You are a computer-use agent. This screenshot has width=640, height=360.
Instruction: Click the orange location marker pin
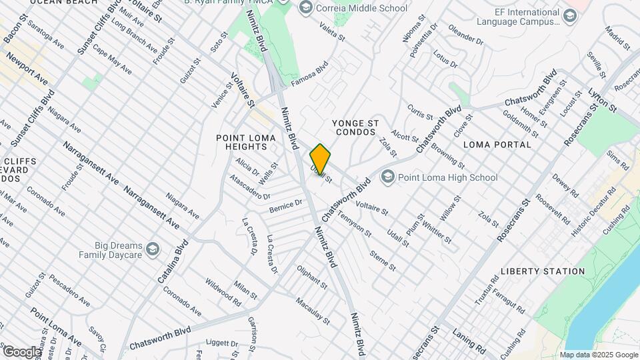click(320, 159)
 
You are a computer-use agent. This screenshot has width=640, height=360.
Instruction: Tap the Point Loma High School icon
click(387, 177)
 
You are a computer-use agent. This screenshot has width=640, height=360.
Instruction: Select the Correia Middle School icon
click(306, 8)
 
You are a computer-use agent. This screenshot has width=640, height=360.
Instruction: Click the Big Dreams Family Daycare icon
click(153, 249)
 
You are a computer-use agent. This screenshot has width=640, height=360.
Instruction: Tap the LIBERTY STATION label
click(542, 271)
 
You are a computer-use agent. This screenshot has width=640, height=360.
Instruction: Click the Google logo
click(21, 351)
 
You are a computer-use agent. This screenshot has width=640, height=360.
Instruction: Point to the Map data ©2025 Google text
click(599, 355)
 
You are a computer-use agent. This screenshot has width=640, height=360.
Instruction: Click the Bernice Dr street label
click(285, 207)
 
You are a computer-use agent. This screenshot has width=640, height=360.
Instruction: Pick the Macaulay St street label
click(313, 311)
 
